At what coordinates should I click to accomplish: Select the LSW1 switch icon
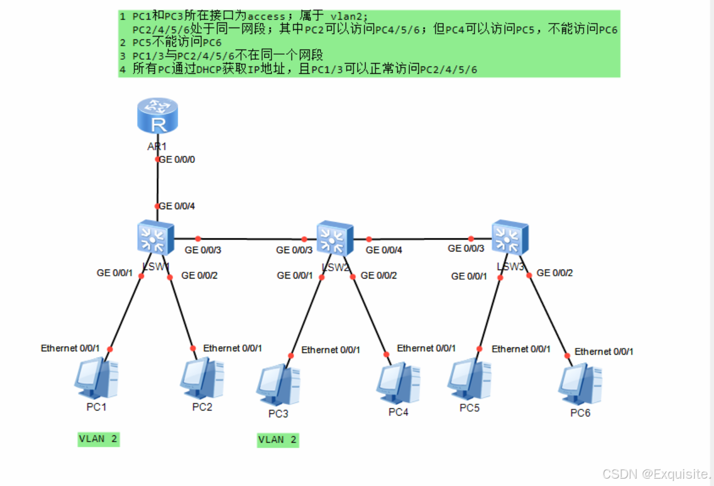(x=155, y=237)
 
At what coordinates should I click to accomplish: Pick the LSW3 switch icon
(x=509, y=237)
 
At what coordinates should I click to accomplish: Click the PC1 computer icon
(x=96, y=378)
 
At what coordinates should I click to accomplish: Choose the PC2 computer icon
(x=202, y=378)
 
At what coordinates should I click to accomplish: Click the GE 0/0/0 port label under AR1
(x=177, y=160)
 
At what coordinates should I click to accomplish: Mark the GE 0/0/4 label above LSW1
(x=177, y=206)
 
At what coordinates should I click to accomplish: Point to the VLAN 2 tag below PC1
(x=99, y=439)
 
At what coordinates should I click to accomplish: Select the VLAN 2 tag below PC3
(x=277, y=440)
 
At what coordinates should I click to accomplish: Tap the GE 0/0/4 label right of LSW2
(x=384, y=250)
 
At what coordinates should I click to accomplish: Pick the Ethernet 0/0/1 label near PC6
(x=604, y=351)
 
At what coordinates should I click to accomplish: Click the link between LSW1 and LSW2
(x=251, y=238)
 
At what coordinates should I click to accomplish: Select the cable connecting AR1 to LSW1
(x=157, y=183)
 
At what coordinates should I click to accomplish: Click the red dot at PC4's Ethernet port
(x=387, y=355)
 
